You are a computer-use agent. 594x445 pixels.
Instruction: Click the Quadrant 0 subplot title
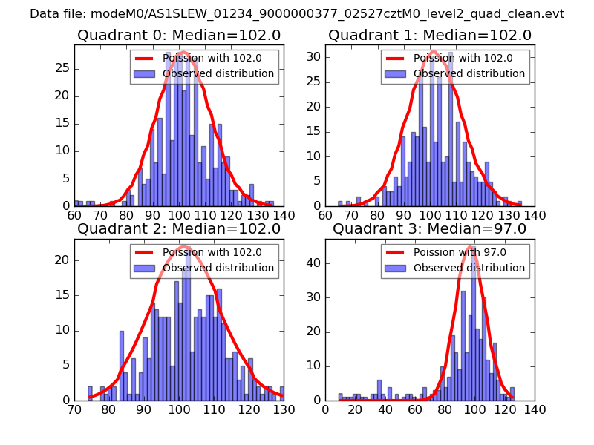coord(178,35)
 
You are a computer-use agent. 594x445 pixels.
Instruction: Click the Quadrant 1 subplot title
coord(430,35)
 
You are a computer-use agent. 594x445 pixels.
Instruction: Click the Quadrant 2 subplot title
coord(178,228)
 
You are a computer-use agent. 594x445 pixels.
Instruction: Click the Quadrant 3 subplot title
coord(430,228)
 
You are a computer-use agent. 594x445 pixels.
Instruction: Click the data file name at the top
coord(297,14)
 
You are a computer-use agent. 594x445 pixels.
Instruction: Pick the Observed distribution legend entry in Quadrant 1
coord(453,73)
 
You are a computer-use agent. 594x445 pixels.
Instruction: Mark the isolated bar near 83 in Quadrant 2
coord(121,365)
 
